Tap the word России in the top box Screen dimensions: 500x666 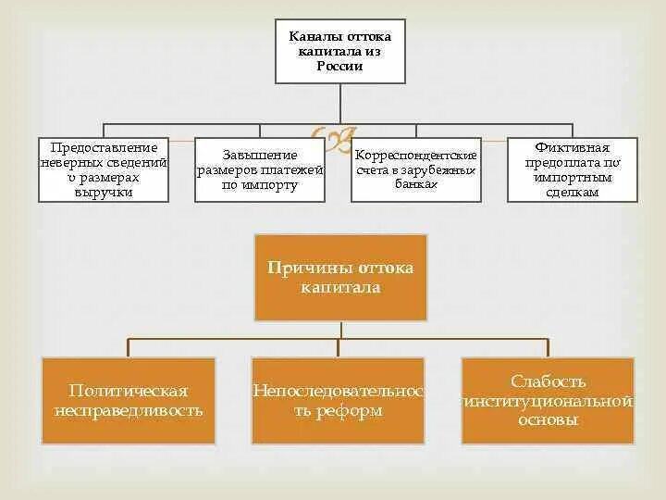coord(339,67)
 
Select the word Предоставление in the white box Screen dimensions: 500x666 coord(104,148)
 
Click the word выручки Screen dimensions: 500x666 coord(104,193)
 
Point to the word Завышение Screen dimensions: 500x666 coord(260,155)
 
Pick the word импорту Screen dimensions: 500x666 coord(272,185)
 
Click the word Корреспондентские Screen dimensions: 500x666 coord(416,155)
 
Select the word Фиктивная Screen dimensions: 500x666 coord(573,148)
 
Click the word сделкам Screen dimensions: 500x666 coord(573,193)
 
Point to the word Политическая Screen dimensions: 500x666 coord(129,391)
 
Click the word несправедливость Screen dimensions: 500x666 coord(129,410)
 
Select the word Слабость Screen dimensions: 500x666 coord(549,381)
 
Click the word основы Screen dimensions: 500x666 coord(549,419)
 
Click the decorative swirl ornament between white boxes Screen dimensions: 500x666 coord(330,141)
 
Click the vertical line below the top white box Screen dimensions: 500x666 coord(339,103)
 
